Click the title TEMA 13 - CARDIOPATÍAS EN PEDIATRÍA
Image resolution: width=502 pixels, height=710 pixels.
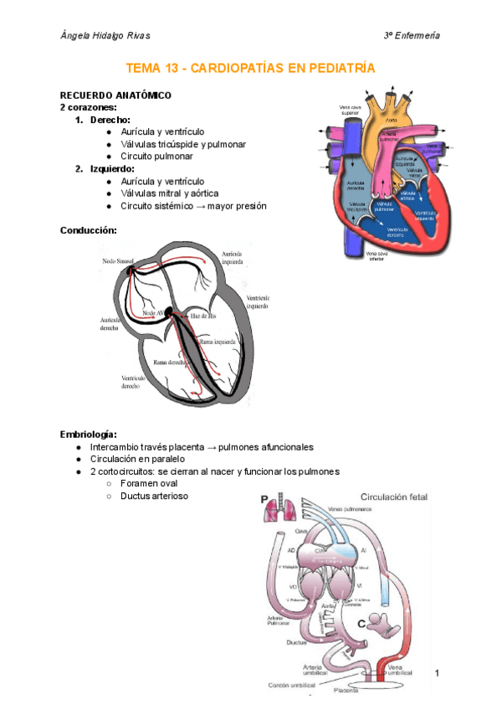250,68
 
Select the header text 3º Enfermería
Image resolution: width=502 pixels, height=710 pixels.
412,35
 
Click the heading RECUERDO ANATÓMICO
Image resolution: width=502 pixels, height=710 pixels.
115,95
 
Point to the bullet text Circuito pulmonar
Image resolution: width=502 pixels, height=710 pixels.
156,156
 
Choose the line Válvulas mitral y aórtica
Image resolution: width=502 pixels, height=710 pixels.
170,193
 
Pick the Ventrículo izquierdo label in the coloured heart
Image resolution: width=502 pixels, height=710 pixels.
429,216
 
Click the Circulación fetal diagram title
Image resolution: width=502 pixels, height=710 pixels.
393,496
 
